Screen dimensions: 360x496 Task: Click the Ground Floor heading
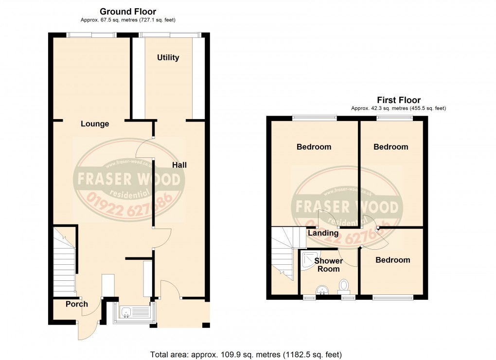click(128, 11)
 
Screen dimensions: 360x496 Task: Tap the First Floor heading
click(399, 100)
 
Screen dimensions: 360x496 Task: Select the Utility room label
click(168, 57)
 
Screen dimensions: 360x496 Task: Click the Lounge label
click(95, 124)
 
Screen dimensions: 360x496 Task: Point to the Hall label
click(179, 165)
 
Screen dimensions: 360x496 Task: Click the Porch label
click(77, 304)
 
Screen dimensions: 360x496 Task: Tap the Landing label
click(323, 233)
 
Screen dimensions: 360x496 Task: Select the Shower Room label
click(328, 265)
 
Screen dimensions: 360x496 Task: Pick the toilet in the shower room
click(344, 285)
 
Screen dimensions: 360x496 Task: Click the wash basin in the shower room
click(322, 290)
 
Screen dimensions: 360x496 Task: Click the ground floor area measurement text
click(128, 20)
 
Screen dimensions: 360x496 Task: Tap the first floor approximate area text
click(398, 108)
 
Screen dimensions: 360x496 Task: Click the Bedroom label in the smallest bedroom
click(392, 260)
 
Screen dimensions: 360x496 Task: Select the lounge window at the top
click(91, 34)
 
